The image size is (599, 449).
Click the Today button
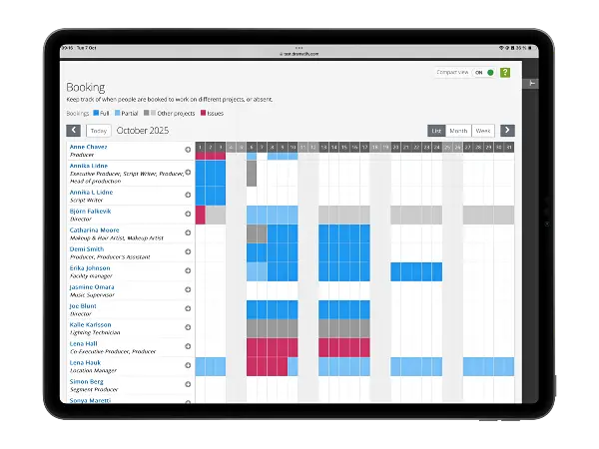coord(98,131)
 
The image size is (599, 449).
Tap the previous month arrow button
coord(74,131)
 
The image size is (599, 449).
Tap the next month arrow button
coord(507,131)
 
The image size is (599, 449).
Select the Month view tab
coord(459,131)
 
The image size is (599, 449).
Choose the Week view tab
coord(483,131)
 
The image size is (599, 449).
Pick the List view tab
coord(436,131)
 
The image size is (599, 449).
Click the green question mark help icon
coord(505,73)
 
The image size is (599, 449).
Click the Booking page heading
coord(86,87)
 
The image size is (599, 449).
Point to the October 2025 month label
coord(144,131)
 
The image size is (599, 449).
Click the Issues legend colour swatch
coord(205,114)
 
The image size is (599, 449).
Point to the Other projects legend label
coord(176,114)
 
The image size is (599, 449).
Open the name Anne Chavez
coord(89,148)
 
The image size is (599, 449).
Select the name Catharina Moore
coord(96,229)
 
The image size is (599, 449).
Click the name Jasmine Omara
coord(92,286)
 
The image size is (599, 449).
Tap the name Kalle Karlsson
coord(91,324)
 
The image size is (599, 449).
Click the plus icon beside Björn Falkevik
coord(188,214)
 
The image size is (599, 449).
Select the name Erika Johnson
coord(90,267)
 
